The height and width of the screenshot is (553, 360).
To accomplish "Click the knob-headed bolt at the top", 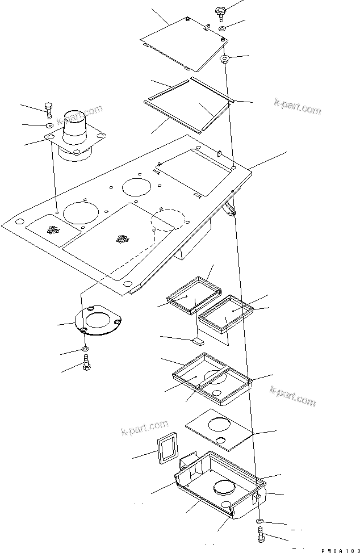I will click(x=220, y=12).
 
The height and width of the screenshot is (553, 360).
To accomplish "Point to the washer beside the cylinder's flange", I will click(x=49, y=125).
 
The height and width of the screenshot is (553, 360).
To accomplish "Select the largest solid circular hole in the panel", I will click(x=81, y=211).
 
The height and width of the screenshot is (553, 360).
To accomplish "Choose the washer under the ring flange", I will click(x=85, y=348).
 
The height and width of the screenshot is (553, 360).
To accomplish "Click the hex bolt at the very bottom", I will click(x=260, y=535).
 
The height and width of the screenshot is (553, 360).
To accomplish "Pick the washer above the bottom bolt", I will click(x=259, y=521).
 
